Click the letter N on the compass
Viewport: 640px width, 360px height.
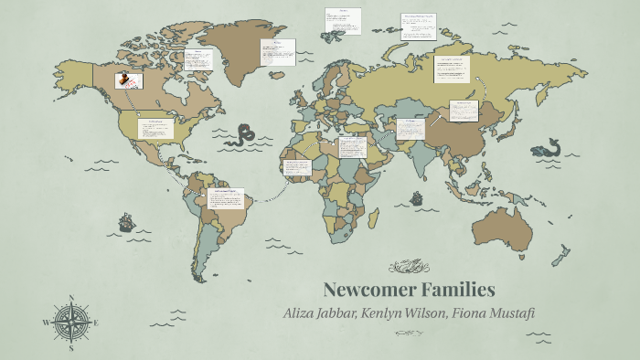tap(71, 299)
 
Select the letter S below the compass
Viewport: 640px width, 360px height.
tap(71, 347)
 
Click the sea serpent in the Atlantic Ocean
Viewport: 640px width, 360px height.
tap(244, 135)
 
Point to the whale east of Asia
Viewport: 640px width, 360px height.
tap(548, 147)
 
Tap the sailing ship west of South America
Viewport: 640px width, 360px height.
tap(126, 221)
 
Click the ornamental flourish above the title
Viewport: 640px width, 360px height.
tap(409, 266)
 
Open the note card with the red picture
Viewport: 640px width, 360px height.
tap(127, 80)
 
